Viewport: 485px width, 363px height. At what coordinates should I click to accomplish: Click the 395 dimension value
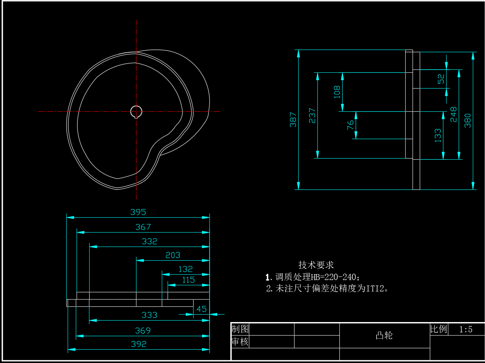[138, 212]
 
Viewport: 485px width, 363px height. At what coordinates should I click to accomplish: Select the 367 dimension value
[143, 227]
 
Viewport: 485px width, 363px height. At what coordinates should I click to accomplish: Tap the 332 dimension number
[149, 241]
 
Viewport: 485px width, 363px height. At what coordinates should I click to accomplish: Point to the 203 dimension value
[173, 255]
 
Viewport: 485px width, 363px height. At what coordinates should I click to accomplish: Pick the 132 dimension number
[186, 269]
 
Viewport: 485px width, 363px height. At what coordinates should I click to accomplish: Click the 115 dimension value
[188, 280]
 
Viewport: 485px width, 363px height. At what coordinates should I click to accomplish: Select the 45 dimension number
[201, 309]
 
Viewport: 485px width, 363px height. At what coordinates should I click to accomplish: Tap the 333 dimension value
[149, 315]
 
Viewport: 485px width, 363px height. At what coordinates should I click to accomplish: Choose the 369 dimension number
[143, 331]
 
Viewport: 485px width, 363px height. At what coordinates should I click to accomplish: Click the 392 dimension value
[138, 344]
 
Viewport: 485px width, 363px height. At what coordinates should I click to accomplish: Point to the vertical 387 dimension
[293, 120]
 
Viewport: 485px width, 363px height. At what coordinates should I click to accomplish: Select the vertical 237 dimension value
[312, 116]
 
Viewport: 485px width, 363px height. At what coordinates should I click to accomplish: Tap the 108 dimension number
[337, 92]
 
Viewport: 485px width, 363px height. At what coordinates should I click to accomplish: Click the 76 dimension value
[350, 125]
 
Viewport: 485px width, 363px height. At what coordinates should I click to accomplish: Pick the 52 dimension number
[441, 79]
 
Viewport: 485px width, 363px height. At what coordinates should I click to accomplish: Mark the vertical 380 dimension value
[468, 120]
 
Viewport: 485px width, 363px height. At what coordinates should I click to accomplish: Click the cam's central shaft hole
[136, 112]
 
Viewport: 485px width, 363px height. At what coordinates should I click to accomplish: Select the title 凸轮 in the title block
[384, 336]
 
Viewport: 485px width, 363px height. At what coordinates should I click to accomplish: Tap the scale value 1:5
[466, 330]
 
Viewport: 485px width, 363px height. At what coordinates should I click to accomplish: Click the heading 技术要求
[316, 265]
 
